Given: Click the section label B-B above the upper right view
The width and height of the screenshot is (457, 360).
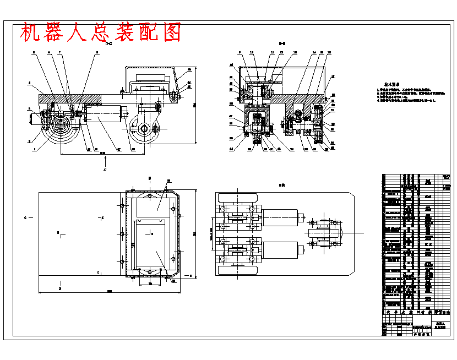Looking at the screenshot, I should [281, 43].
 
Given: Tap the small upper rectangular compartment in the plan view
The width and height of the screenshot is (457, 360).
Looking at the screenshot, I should [156, 204].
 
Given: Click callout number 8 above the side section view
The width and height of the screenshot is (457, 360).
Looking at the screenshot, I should [97, 52].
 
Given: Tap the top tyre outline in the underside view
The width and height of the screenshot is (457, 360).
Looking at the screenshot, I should [238, 197].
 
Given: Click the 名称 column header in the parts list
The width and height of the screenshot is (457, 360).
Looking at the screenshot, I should [428, 312].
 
